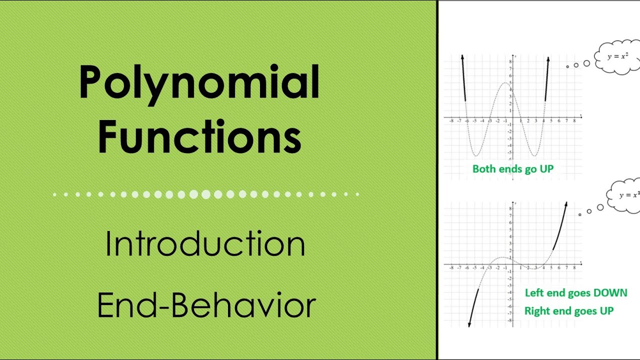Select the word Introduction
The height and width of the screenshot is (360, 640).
[x=205, y=244]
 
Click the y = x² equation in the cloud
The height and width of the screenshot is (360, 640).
[x=618, y=56]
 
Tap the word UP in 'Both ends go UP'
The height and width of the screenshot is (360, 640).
[x=546, y=169]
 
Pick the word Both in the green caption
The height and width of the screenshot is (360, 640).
[x=484, y=169]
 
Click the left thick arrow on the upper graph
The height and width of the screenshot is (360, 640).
[x=463, y=77]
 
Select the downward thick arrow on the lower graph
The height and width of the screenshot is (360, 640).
[x=473, y=307]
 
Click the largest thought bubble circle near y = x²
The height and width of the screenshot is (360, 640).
[x=586, y=63]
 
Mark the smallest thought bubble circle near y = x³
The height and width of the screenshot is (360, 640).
[x=579, y=214]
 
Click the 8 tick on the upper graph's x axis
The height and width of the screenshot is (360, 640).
[x=574, y=120]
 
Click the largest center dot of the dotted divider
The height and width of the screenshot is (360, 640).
[x=206, y=194]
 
